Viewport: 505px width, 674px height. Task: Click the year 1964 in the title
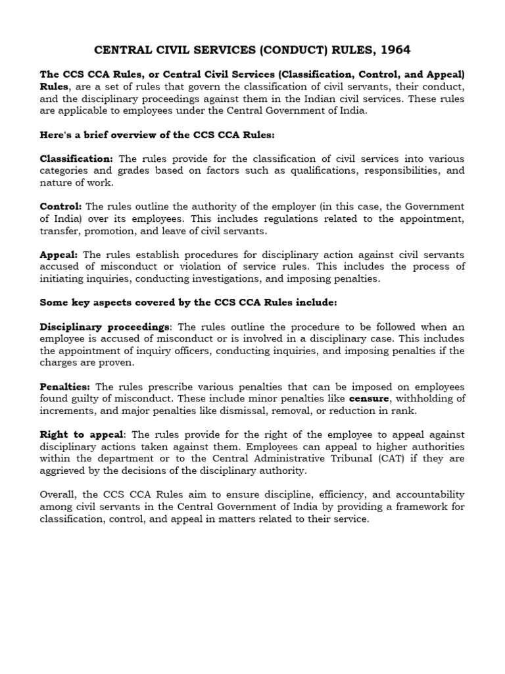(395, 50)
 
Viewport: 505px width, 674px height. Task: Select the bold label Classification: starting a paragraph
(77, 159)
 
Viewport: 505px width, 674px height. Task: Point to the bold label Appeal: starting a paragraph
(59, 255)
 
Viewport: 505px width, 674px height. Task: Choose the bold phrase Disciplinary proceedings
(105, 327)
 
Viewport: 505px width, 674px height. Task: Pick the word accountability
(427, 494)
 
